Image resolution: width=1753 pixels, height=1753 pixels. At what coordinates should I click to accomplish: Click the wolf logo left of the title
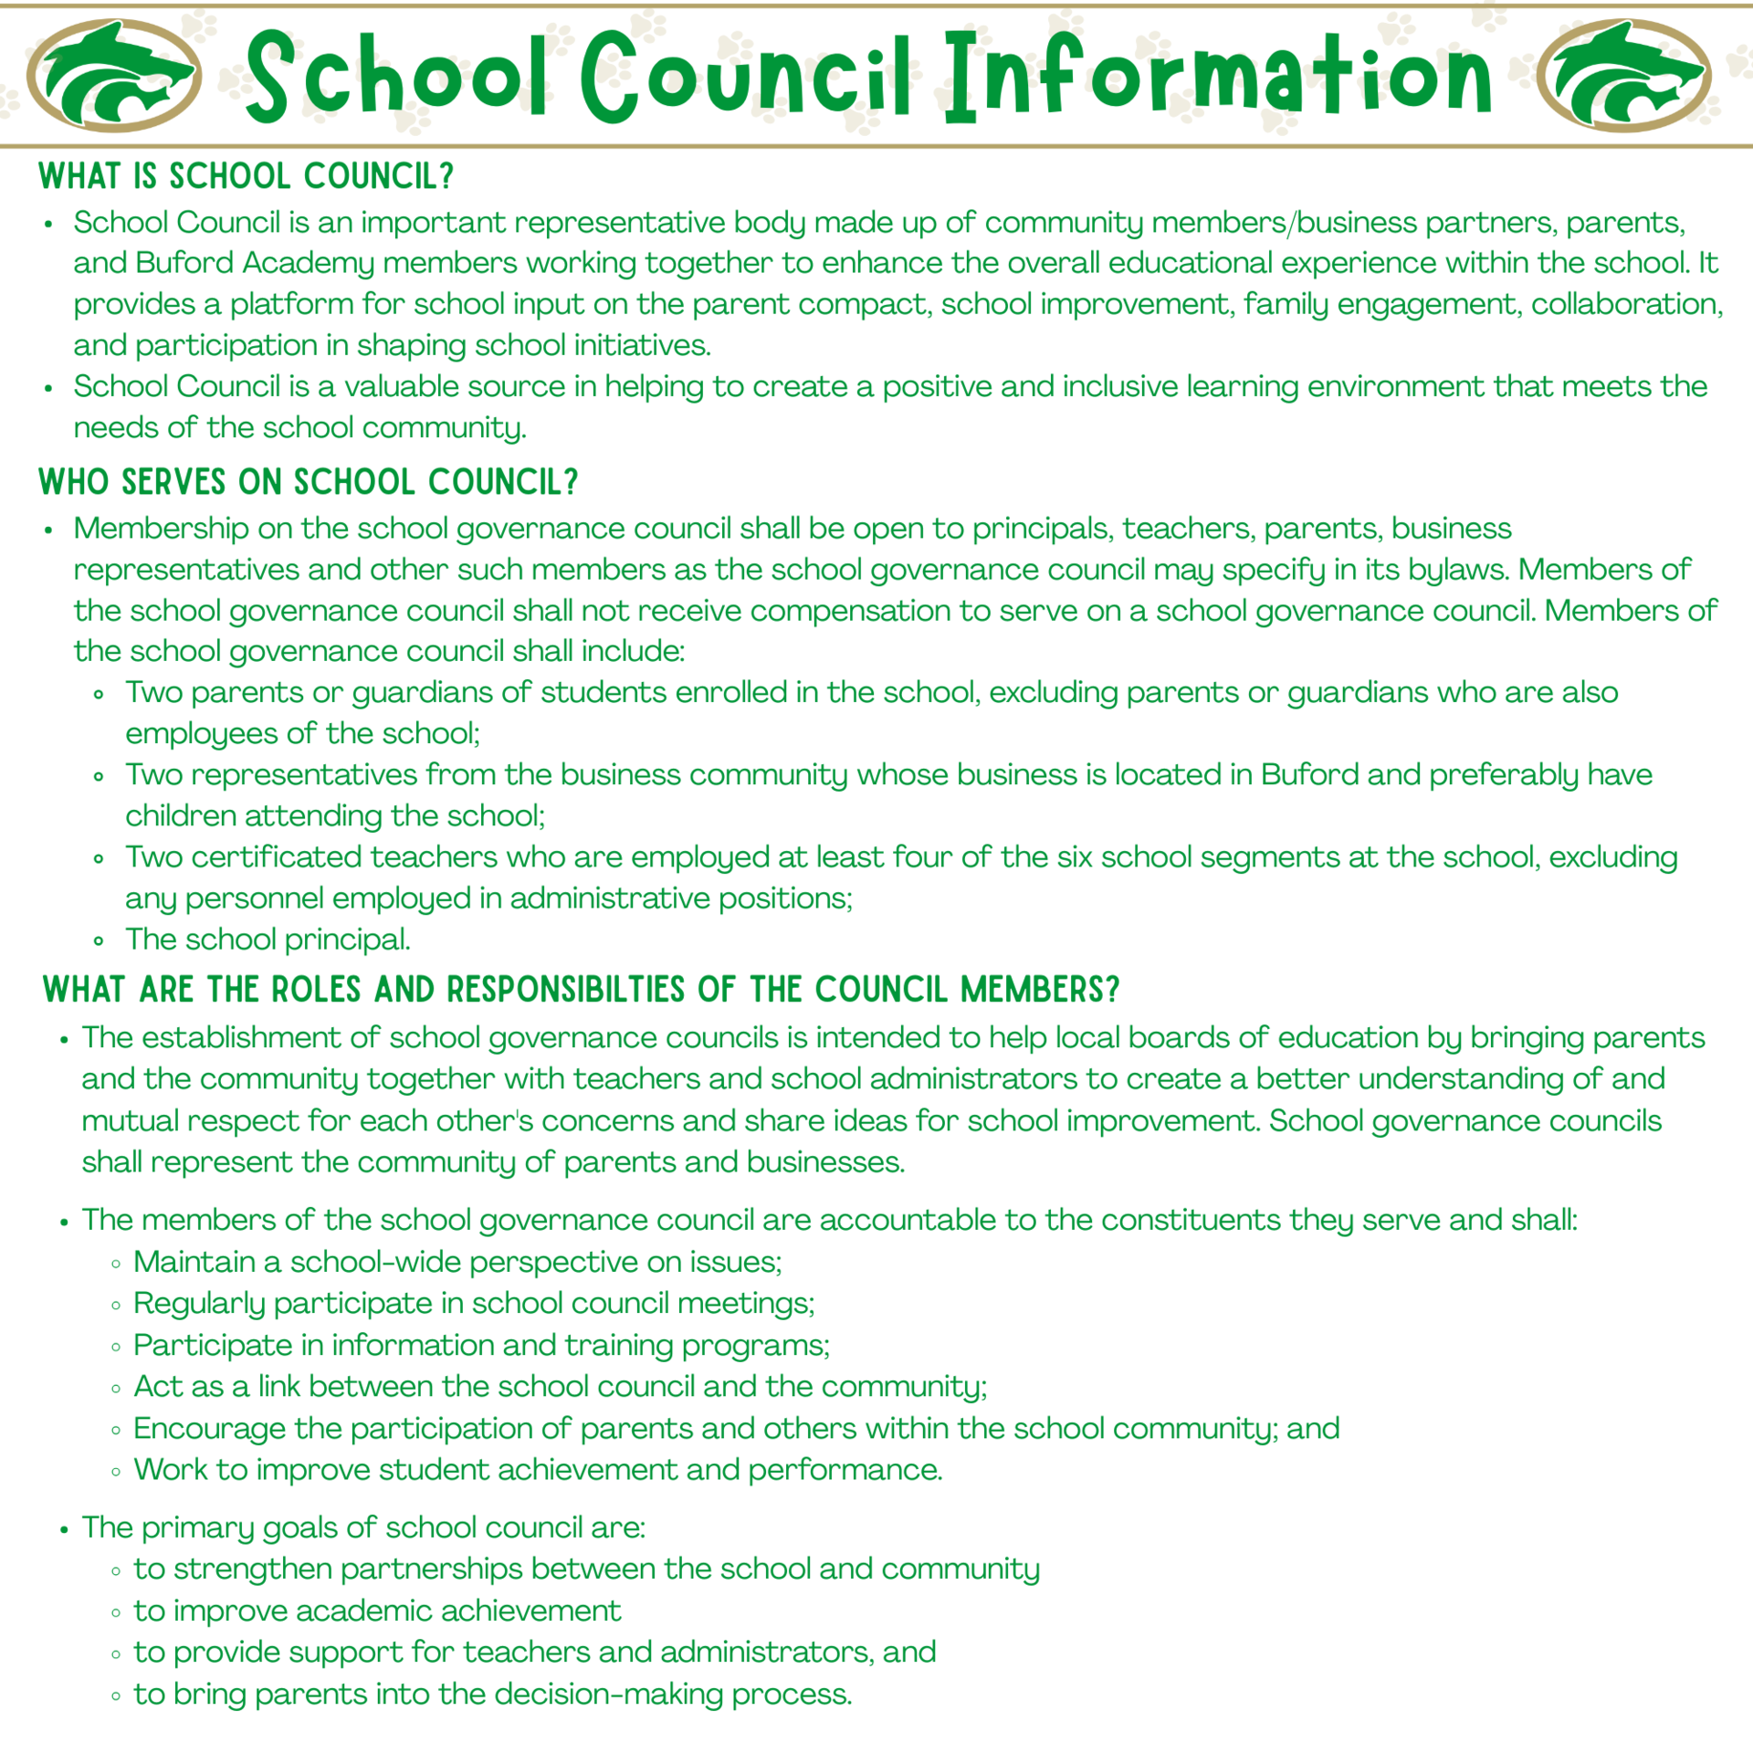pos(114,76)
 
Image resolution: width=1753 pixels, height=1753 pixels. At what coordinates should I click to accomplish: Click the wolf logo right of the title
pos(1623,76)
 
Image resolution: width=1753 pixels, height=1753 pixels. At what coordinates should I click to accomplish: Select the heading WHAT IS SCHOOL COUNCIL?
pos(247,176)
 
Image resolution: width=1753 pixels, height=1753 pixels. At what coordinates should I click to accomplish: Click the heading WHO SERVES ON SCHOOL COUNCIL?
pos(309,482)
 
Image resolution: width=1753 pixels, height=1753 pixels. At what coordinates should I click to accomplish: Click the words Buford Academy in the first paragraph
pos(255,263)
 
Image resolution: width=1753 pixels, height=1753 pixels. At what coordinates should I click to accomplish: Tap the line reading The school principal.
pos(268,939)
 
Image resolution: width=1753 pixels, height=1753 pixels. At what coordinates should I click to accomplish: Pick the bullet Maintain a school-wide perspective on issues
pos(457,1262)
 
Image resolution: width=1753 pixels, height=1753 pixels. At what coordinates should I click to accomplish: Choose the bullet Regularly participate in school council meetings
pos(473,1303)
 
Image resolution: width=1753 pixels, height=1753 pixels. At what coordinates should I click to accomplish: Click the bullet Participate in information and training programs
pos(481,1345)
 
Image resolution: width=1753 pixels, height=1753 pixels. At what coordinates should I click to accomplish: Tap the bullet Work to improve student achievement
pos(537,1470)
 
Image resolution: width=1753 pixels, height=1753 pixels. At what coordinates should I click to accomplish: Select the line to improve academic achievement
pos(377,1611)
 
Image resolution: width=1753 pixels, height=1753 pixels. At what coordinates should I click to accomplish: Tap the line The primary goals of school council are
pos(363,1527)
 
